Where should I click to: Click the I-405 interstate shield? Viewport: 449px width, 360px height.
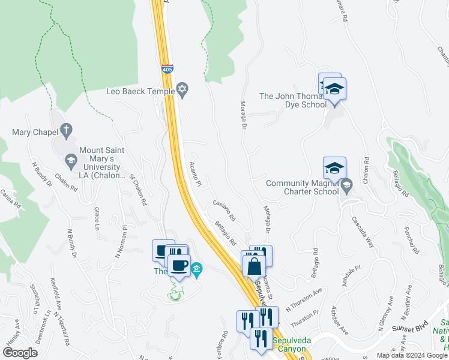(x=167, y=70)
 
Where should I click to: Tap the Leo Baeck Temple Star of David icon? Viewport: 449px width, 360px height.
(x=182, y=91)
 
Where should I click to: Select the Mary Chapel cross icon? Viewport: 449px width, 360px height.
(x=67, y=129)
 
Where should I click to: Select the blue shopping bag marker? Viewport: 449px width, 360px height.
(x=254, y=265)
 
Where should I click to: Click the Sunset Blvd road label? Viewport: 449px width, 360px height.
(x=414, y=328)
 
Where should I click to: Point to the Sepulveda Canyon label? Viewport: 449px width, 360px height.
(x=292, y=344)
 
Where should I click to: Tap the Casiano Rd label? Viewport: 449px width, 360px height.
(x=223, y=210)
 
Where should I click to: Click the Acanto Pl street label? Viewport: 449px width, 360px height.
(x=194, y=172)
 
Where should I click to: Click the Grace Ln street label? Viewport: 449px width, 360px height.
(x=95, y=219)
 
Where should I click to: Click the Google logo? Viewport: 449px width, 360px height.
(x=20, y=353)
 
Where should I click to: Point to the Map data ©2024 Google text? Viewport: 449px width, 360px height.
(x=412, y=355)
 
